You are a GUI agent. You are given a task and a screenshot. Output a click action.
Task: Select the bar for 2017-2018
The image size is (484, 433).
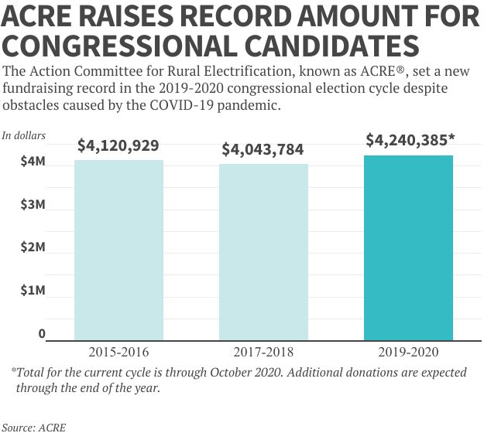pos(263,251)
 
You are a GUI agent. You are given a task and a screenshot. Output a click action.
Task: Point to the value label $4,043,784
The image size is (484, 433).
pos(263,148)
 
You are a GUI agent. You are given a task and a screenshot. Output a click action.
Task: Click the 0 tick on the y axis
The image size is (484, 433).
pos(42,334)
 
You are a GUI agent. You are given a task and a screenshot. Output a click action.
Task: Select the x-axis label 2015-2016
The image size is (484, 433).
pos(118,352)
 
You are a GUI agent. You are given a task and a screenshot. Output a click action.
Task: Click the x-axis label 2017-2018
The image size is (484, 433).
pos(263,352)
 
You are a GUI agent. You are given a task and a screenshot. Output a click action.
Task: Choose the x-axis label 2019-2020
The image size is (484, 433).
pos(408,352)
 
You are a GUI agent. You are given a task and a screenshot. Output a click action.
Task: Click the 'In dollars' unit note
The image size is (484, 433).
pos(24,136)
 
